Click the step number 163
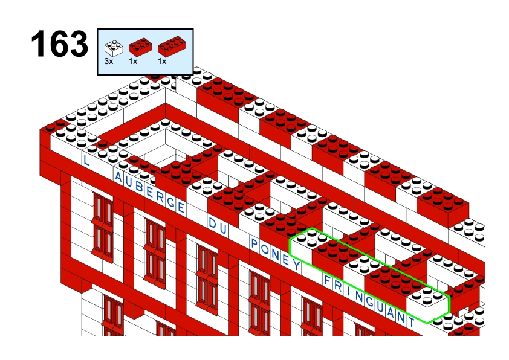[59, 43]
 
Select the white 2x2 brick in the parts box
[114, 48]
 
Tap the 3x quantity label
[109, 61]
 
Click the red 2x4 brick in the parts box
[172, 47]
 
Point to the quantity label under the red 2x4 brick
[162, 61]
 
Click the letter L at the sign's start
[86, 161]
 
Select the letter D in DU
[212, 223]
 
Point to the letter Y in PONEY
[296, 265]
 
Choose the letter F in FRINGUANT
[327, 280]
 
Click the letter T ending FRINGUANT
[412, 322]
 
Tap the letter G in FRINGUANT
[369, 301]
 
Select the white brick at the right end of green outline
[427, 305]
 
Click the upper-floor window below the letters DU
[207, 280]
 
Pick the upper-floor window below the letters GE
[155, 253]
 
